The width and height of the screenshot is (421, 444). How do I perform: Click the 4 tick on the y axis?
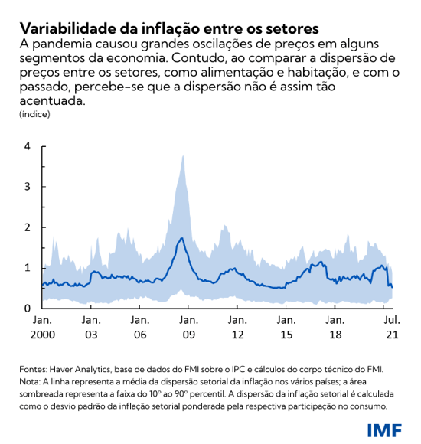click(x=28, y=145)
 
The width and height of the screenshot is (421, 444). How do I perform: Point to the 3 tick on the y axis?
click(x=28, y=186)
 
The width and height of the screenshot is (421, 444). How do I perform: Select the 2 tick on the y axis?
click(x=28, y=227)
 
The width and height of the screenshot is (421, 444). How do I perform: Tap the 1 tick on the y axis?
click(x=28, y=268)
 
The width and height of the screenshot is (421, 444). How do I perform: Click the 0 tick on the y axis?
click(x=28, y=309)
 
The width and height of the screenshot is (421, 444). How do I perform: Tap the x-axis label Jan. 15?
click(x=286, y=328)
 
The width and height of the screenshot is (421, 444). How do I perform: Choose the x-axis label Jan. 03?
click(x=90, y=328)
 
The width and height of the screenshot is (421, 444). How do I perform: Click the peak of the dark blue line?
click(x=181, y=238)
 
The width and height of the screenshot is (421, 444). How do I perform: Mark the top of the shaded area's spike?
click(x=182, y=155)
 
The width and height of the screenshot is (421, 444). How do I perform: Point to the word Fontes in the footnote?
click(x=34, y=370)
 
